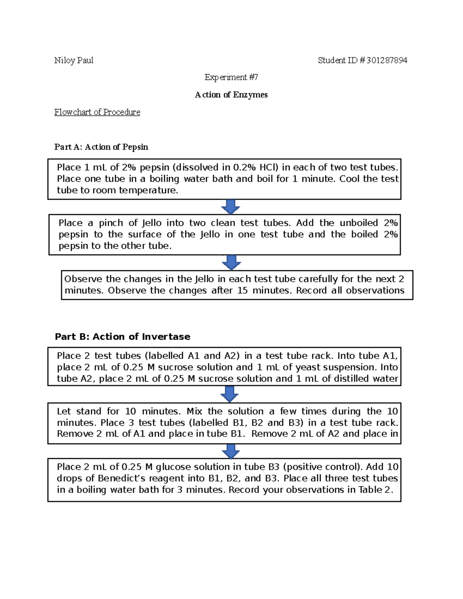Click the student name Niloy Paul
click(x=74, y=61)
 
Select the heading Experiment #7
click(x=231, y=78)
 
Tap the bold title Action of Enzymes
click(x=231, y=95)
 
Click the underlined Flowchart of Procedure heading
click(x=97, y=112)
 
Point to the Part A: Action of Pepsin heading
click(x=101, y=147)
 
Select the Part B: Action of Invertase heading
click(x=122, y=337)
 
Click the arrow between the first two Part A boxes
click(x=231, y=207)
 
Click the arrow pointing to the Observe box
click(x=231, y=262)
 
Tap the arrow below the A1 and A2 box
click(x=230, y=394)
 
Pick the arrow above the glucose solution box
click(x=231, y=451)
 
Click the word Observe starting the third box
click(x=83, y=279)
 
